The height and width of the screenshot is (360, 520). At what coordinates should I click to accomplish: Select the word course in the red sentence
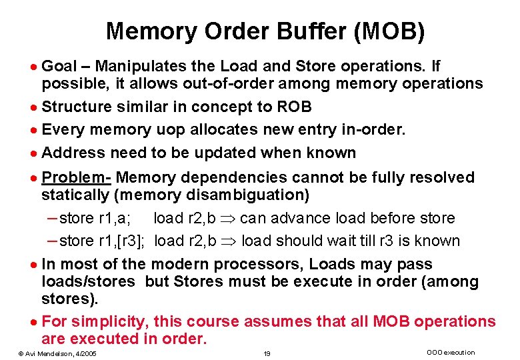coord(213,321)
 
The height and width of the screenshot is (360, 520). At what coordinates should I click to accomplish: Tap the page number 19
coord(266,353)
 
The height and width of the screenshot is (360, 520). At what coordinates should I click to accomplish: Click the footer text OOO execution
coord(450,352)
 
